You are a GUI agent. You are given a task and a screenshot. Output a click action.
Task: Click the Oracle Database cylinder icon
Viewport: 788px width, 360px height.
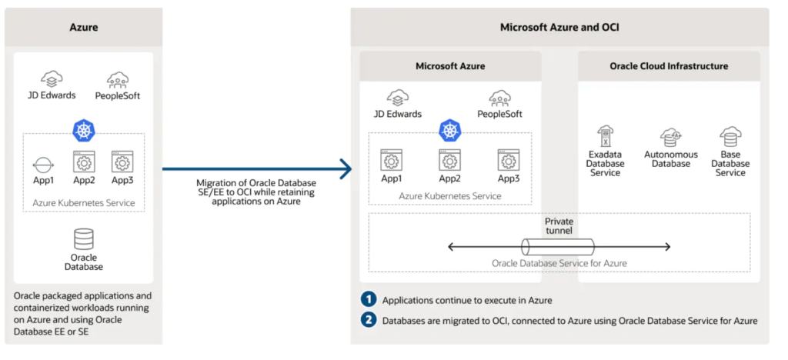tap(83, 239)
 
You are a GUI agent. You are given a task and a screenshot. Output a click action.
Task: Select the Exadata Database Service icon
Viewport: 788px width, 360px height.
tap(605, 136)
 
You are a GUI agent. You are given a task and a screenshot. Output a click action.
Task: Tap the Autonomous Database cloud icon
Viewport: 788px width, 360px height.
tap(670, 136)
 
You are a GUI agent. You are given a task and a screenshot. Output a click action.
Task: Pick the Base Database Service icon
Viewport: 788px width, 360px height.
tap(730, 136)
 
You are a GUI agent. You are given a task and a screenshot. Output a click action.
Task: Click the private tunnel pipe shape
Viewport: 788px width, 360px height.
tap(559, 247)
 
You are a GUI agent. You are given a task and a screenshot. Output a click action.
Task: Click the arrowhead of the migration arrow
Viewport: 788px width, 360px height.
tap(346, 169)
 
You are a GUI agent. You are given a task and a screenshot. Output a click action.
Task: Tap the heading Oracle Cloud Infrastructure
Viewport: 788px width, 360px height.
tap(669, 66)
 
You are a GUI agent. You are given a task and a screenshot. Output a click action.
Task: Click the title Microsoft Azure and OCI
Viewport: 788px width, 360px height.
tap(559, 27)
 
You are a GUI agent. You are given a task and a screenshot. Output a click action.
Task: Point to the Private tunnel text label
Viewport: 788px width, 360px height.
tap(559, 226)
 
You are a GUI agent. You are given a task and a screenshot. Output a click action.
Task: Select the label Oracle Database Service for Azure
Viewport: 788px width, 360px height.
tap(559, 263)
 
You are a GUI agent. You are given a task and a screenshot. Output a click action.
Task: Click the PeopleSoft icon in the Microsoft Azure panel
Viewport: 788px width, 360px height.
tap(499, 99)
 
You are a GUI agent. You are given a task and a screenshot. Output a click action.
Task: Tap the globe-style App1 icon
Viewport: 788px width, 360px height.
tap(44, 165)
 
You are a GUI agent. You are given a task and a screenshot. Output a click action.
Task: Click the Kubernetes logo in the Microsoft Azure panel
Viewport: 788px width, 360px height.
tap(449, 131)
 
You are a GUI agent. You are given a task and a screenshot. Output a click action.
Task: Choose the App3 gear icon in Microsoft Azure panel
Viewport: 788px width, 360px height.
tap(508, 161)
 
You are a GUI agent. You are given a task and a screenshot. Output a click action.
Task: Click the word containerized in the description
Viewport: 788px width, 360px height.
tap(46, 308)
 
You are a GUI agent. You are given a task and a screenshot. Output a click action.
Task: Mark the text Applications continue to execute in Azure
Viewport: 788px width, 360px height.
tap(467, 300)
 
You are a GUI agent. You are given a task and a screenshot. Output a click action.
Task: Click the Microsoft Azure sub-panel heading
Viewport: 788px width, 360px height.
tap(450, 66)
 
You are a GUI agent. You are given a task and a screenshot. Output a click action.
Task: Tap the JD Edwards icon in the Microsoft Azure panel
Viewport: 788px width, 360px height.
tap(398, 99)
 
